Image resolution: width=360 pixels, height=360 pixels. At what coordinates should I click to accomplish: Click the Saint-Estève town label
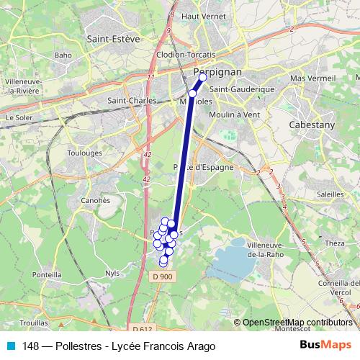point(112,39)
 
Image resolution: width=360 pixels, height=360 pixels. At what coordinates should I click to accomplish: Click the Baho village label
point(63,55)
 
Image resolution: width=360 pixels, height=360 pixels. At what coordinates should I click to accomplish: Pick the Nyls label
point(112,274)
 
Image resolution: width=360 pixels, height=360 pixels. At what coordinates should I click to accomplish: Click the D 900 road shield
point(163,276)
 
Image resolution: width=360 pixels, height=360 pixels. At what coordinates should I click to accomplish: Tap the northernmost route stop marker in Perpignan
point(203,76)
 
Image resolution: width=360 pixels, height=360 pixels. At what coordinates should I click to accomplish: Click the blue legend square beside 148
point(10,346)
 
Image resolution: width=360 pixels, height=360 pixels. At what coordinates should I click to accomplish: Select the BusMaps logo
point(325,346)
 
